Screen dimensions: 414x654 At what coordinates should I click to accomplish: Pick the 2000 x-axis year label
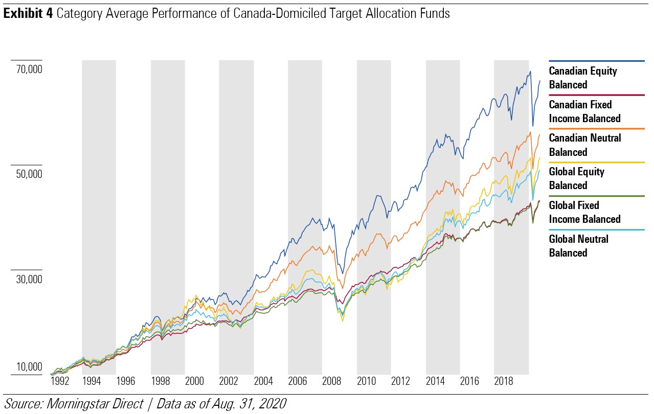click(x=194, y=381)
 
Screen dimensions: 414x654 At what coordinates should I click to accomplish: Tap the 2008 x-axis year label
click(x=332, y=381)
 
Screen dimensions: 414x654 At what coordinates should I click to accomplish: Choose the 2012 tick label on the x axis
click(x=400, y=381)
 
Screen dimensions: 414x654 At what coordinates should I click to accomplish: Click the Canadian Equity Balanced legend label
click(x=583, y=78)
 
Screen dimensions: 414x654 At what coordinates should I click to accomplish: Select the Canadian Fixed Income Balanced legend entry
click(x=584, y=111)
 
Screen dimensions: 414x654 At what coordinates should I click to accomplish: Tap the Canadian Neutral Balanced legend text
click(x=585, y=145)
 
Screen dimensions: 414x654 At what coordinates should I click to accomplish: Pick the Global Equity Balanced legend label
click(x=576, y=178)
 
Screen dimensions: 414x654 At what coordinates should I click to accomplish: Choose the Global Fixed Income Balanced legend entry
click(x=584, y=212)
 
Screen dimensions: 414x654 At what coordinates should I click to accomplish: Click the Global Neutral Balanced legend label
click(x=578, y=246)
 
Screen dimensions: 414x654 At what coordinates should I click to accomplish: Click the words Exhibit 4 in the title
click(x=29, y=14)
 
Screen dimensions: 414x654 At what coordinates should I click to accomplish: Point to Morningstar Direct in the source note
click(x=95, y=403)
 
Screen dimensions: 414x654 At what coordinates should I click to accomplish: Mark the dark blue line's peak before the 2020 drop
click(x=530, y=72)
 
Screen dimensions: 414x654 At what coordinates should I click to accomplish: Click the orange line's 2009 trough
click(x=343, y=289)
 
